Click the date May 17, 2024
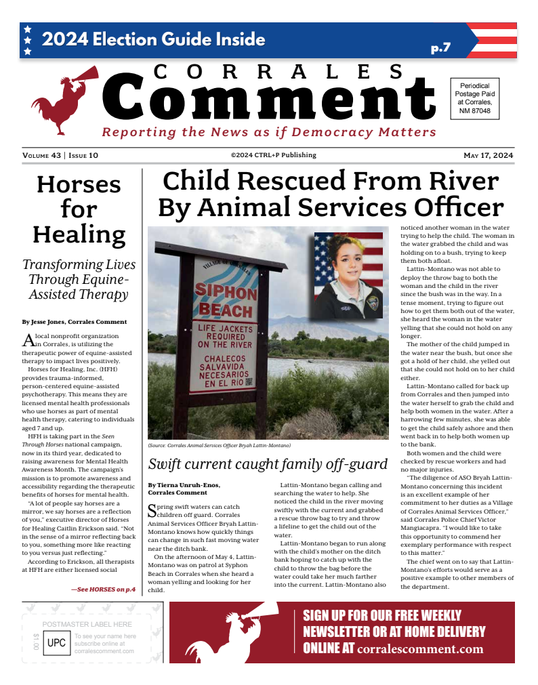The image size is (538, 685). pos(488,155)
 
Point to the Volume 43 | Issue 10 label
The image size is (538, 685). pos(60,155)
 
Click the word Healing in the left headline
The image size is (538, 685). pos(79,234)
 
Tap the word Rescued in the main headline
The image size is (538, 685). pos(327,182)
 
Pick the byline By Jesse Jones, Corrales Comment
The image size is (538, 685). pos(74,322)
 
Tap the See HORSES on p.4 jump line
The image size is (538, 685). pos(104,589)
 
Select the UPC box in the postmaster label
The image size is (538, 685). pos(56,642)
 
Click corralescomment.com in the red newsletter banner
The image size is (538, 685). pos(420,649)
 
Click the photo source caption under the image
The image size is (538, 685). pos(219,445)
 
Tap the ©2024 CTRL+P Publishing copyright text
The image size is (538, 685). pos(273,155)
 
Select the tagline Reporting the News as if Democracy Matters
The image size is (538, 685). pos(269,132)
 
